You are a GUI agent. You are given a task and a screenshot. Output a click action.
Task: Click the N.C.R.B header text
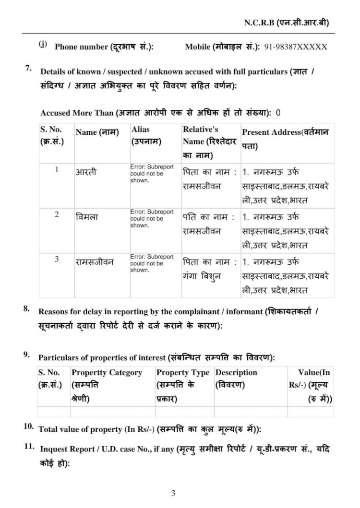287,23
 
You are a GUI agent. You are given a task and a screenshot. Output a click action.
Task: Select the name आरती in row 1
86,171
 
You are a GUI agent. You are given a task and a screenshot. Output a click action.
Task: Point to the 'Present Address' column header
286,137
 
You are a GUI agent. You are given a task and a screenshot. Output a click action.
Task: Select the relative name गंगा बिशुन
204,276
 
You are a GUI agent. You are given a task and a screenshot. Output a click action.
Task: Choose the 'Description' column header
236,372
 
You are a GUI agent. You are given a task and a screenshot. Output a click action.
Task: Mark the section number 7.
28,68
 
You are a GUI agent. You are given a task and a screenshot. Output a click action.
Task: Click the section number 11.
29,447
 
